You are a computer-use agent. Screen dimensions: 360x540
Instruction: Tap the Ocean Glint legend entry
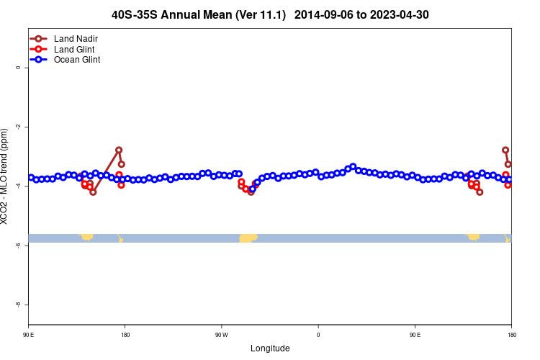77,60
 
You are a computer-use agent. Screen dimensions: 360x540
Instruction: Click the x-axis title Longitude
270,348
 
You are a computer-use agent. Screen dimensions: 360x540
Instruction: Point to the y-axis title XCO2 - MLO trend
6,176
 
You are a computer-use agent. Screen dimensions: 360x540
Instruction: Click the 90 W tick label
221,335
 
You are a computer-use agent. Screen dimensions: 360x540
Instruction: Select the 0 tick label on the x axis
318,335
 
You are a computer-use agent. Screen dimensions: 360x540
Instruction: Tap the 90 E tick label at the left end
29,335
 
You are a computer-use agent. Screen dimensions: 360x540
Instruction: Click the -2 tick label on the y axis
18,127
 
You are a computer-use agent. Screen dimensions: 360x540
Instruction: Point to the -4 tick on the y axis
18,186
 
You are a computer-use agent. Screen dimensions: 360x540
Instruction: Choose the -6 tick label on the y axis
18,246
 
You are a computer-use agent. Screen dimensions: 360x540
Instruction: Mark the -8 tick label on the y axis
18,305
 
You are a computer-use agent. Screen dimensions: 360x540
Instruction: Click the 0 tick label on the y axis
18,68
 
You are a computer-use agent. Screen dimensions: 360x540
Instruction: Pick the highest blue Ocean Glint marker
353,167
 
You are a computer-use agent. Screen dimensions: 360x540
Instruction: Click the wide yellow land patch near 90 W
248,238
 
